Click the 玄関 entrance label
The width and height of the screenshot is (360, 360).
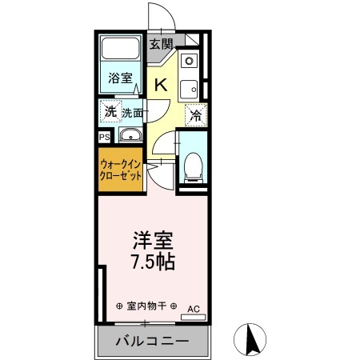coord(162,44)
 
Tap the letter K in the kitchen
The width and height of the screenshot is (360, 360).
coord(161,85)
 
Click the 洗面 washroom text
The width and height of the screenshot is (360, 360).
coord(133,113)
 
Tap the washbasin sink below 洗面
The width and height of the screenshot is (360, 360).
coord(129,135)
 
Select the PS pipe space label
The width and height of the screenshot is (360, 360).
coord(105,137)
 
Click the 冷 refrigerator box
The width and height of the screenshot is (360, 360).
coord(197,115)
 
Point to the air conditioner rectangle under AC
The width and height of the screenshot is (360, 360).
coord(193,317)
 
